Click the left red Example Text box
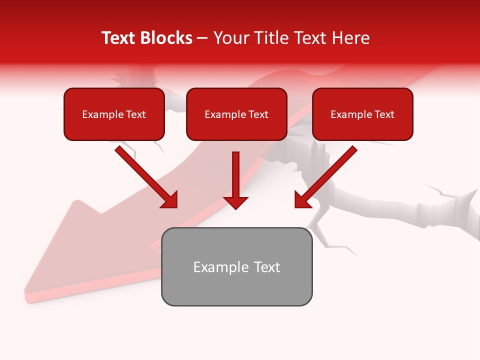[114, 114]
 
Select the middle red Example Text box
[236, 114]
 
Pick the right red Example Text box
[362, 114]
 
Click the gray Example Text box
[236, 266]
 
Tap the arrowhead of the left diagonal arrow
[170, 200]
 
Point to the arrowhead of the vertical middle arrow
[235, 202]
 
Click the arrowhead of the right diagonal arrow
[302, 200]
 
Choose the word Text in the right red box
[384, 114]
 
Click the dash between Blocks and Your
[202, 38]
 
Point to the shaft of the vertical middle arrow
[235, 172]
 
